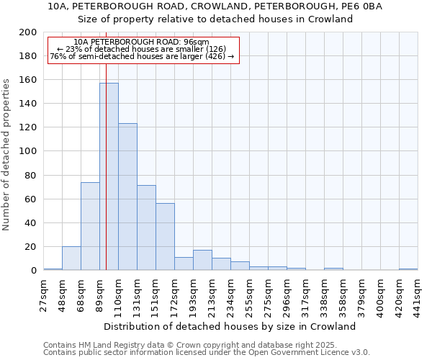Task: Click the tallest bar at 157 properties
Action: click(x=109, y=176)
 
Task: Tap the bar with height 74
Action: click(x=90, y=226)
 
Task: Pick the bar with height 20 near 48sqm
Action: click(x=71, y=258)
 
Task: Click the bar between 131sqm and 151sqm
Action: click(x=146, y=228)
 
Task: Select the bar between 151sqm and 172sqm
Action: click(x=165, y=236)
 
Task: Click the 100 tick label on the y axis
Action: click(x=28, y=151)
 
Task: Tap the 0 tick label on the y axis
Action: click(x=33, y=271)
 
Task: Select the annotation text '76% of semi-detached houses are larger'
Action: click(x=142, y=57)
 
